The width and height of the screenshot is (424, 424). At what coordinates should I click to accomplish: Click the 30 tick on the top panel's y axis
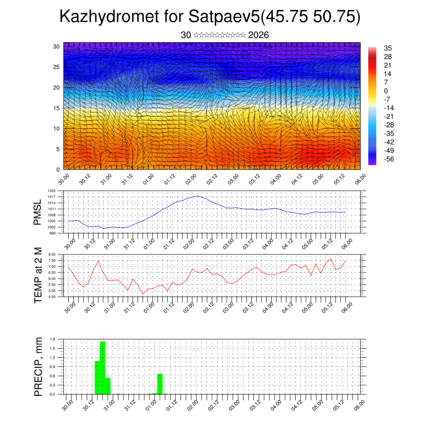(57, 46)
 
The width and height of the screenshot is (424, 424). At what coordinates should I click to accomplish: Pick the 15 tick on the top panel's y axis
(57, 108)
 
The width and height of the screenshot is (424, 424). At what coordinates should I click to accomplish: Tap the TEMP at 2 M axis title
(38, 275)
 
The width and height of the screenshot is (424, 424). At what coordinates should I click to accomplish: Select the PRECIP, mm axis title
(38, 366)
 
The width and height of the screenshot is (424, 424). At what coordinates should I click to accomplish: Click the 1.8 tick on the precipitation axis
(53, 339)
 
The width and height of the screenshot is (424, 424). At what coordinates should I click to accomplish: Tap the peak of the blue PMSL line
(198, 196)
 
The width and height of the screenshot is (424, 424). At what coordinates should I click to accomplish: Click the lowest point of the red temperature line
(143, 294)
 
